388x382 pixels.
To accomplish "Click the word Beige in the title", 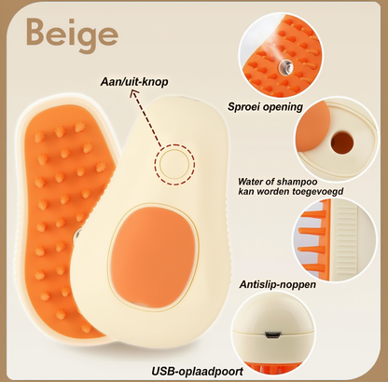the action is pos(72,34).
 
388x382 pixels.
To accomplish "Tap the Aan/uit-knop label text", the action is pos(134,82).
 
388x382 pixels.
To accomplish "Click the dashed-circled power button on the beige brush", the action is pos(174,164).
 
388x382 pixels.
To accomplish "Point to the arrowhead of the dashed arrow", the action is pos(134,93).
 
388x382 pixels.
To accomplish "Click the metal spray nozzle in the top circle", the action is pos(285,65).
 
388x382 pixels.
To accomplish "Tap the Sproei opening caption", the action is pos(265,106).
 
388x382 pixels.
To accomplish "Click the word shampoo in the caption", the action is pos(297,182).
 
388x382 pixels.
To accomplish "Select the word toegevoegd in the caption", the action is pos(318,191).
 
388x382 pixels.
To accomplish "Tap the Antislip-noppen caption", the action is pos(278,284).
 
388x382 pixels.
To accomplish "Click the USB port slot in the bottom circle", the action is pos(272,335).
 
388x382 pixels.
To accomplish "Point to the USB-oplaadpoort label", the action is pos(198,371).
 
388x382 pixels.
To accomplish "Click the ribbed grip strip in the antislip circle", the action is pos(346,239).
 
